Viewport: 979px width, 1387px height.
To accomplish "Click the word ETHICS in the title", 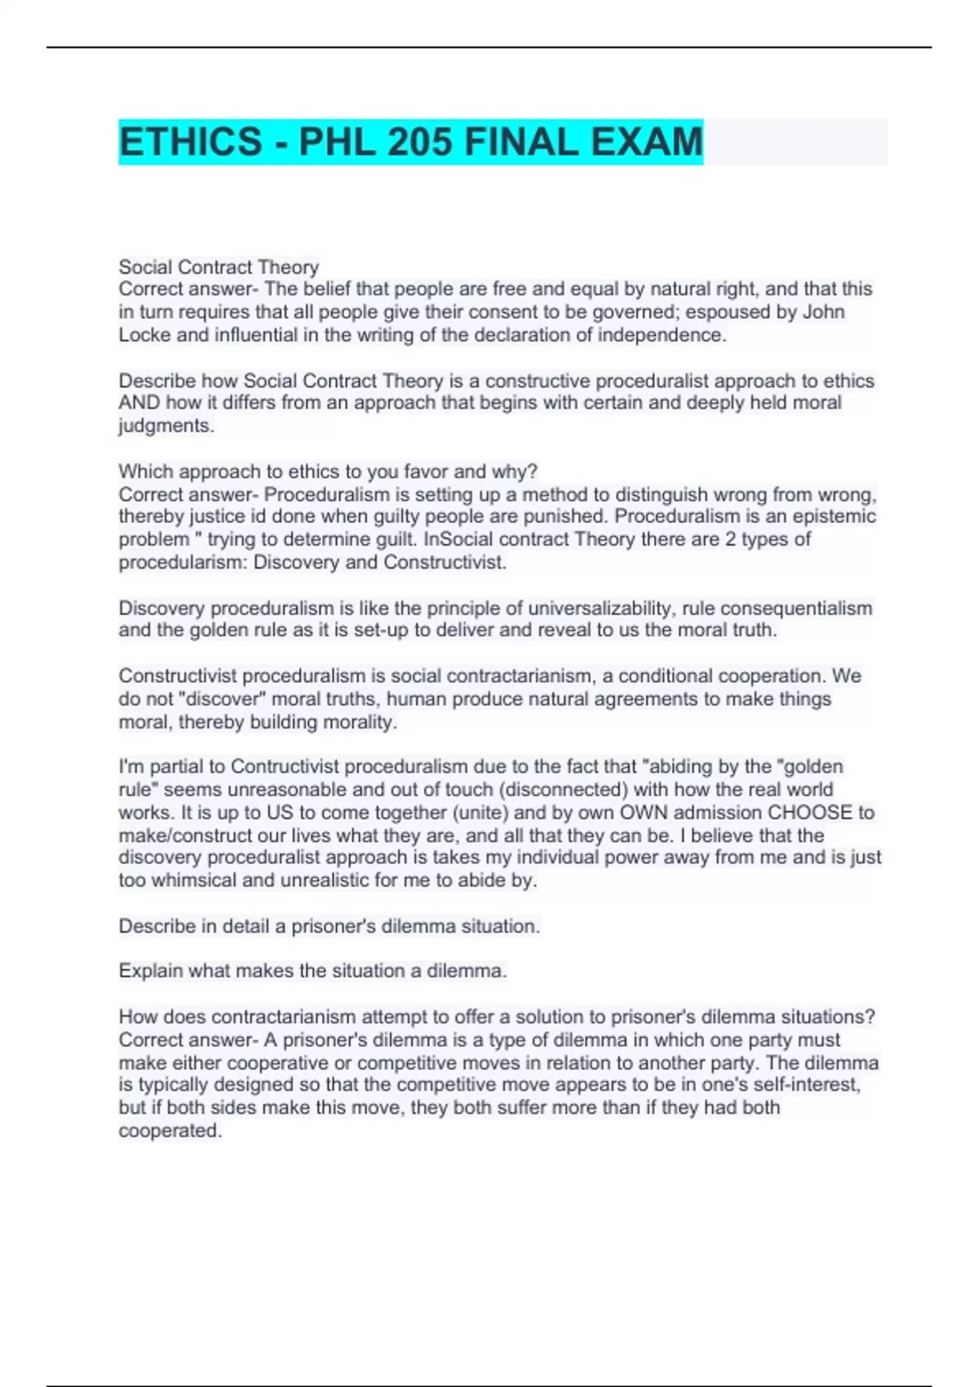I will (190, 142).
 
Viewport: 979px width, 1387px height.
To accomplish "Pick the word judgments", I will (166, 426).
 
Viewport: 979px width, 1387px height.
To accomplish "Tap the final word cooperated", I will (170, 1131).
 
